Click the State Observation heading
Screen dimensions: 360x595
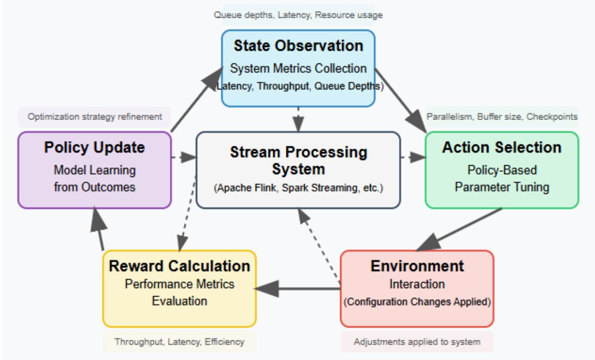(298, 46)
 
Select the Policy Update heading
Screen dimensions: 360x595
(95, 147)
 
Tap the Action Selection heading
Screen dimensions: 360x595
(502, 147)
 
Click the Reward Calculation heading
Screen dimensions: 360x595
(179, 266)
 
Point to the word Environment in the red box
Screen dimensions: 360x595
(417, 266)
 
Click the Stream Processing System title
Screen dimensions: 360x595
(298, 160)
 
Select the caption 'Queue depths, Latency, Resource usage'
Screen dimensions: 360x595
(298, 15)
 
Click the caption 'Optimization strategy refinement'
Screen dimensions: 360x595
(95, 117)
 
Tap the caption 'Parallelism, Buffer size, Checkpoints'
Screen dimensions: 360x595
(502, 117)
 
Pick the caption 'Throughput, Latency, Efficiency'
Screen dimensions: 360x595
(179, 341)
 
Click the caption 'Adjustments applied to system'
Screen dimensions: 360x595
(417, 341)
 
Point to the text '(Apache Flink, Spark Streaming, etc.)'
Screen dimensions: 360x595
(298, 188)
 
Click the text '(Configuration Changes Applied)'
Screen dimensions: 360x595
(417, 303)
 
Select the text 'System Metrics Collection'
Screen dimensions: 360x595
(298, 68)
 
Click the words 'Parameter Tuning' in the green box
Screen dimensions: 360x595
(502, 187)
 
